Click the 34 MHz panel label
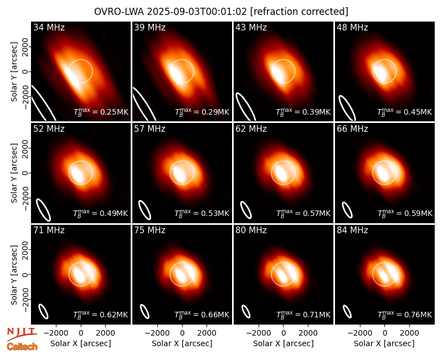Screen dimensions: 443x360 tap(49, 27)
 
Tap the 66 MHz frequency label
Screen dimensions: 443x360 tap(352, 129)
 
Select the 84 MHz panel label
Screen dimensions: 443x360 tap(352, 230)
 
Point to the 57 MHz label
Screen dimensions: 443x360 tap(150, 129)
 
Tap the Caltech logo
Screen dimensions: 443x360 tap(22, 347)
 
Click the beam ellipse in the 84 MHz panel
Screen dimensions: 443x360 tap(347, 312)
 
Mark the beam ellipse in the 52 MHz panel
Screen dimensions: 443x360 tap(43, 210)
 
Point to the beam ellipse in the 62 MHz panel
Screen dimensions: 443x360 tap(245, 210)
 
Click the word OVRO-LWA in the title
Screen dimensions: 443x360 tap(119, 12)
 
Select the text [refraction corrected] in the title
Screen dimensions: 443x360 tap(299, 12)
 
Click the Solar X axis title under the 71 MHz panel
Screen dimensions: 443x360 tap(81, 343)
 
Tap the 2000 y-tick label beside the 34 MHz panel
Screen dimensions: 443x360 tap(25, 47)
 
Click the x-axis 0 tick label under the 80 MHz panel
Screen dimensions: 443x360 tap(284, 333)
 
